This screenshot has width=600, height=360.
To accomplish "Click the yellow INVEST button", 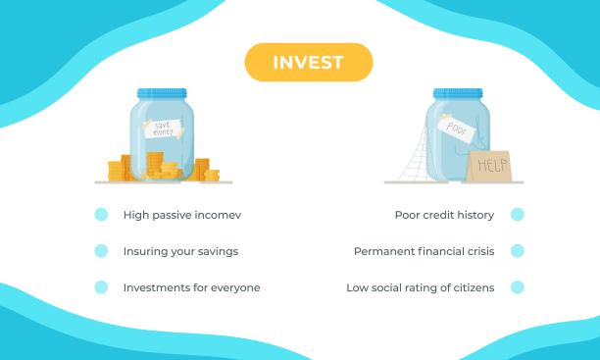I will click(309, 62).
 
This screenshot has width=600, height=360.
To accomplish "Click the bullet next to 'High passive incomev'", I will click(101, 215).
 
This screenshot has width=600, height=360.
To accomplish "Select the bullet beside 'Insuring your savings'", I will click(101, 251).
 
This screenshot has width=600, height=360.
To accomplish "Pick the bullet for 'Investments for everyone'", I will click(101, 287).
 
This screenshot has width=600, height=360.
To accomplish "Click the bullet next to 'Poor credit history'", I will click(518, 215).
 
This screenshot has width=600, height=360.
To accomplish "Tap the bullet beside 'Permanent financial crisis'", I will click(518, 251).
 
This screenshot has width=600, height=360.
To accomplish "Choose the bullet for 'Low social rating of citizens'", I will click(518, 287).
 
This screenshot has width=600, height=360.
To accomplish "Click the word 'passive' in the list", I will click(173, 215).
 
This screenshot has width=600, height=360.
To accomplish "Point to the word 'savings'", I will click(218, 251).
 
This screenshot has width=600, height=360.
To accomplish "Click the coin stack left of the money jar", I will click(119, 169).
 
